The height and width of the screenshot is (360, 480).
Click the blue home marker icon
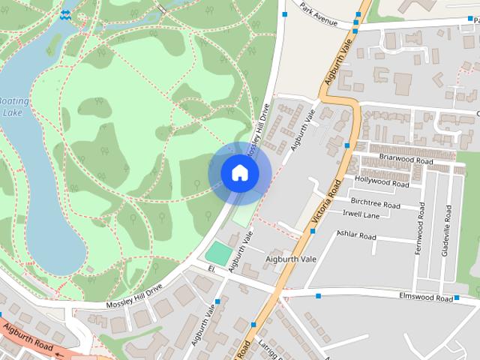(x=239, y=173)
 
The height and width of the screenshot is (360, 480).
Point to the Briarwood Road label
(x=406, y=160)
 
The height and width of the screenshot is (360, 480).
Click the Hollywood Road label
(x=382, y=181)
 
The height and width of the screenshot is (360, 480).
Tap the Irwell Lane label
(x=361, y=214)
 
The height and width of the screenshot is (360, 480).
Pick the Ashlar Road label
(x=356, y=235)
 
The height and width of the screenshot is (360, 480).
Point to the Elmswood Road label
(x=424, y=298)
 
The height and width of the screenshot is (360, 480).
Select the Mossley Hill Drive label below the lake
(x=133, y=295)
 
